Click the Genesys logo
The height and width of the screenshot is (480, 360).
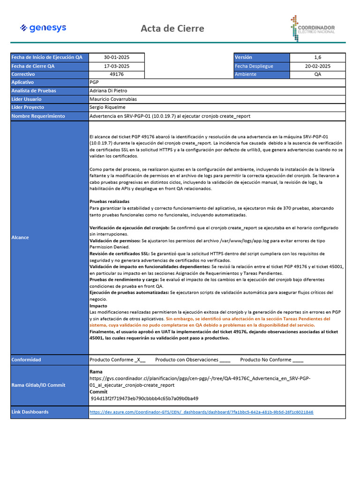43,28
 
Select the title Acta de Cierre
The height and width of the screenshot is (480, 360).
172,29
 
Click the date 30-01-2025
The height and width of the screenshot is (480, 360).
117,57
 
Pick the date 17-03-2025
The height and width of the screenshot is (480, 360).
117,66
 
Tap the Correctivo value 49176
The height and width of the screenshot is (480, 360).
117,74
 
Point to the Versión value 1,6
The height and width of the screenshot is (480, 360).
317,57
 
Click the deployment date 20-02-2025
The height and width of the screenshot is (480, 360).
317,66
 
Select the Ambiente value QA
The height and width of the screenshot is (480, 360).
317,74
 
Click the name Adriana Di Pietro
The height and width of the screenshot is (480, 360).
108,90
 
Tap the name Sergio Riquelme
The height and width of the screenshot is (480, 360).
107,107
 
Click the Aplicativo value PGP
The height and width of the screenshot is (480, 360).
94,82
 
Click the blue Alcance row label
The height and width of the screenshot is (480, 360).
20,237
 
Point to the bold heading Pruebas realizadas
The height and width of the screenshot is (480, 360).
109,201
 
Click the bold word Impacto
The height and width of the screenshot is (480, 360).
98,306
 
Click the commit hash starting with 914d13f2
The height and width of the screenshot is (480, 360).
144,398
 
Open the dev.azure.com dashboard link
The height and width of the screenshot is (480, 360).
201,412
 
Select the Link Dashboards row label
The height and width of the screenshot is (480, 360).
30,412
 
